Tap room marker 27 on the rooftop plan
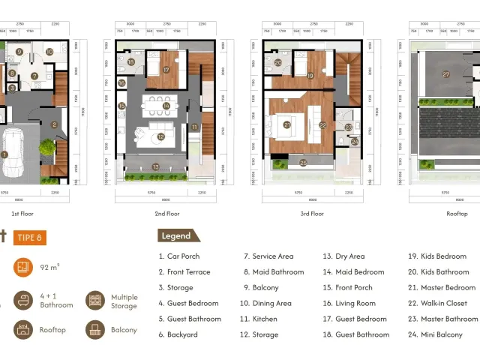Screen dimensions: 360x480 [445, 74]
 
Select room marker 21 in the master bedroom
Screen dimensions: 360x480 [286, 124]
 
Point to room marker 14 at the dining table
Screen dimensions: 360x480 [166, 106]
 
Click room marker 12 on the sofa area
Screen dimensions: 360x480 [160, 136]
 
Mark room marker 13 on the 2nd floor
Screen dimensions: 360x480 [156, 166]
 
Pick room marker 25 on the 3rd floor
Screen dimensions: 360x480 [303, 163]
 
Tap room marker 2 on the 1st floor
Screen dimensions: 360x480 [54, 124]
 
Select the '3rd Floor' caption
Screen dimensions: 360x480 [312, 214]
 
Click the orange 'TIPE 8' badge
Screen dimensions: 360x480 [30, 238]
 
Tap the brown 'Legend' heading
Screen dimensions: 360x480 [177, 235]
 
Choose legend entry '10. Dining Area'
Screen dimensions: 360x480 [265, 303]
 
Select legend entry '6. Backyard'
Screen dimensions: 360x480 [178, 334]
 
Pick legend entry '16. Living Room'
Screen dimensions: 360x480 [349, 303]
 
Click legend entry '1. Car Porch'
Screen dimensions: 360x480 [178, 256]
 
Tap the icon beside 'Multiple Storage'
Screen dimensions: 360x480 [95, 301]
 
